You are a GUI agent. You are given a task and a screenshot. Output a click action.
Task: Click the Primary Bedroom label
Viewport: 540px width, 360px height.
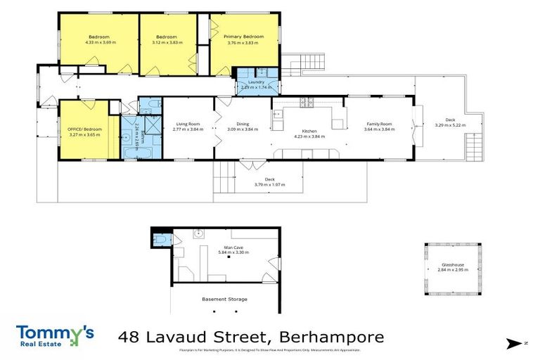point(243,37)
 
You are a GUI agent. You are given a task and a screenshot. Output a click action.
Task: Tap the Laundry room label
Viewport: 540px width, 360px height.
point(256,82)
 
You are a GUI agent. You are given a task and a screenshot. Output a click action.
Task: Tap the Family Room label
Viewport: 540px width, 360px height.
point(378,124)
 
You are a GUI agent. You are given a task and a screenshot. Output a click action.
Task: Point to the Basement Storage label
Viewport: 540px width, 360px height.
point(224,300)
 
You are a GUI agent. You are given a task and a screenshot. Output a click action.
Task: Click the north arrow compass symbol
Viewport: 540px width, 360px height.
point(515,343)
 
